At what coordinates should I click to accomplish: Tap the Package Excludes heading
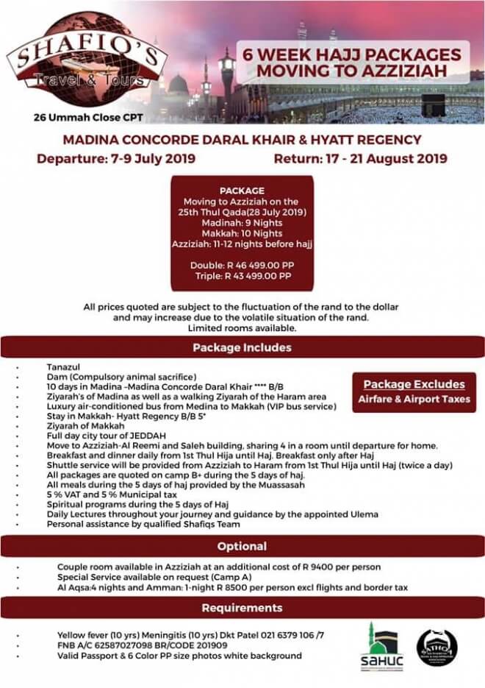tap(414, 384)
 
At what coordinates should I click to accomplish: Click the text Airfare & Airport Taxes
tap(414, 400)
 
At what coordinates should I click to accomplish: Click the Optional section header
tap(242, 547)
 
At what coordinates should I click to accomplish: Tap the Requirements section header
tap(242, 608)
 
